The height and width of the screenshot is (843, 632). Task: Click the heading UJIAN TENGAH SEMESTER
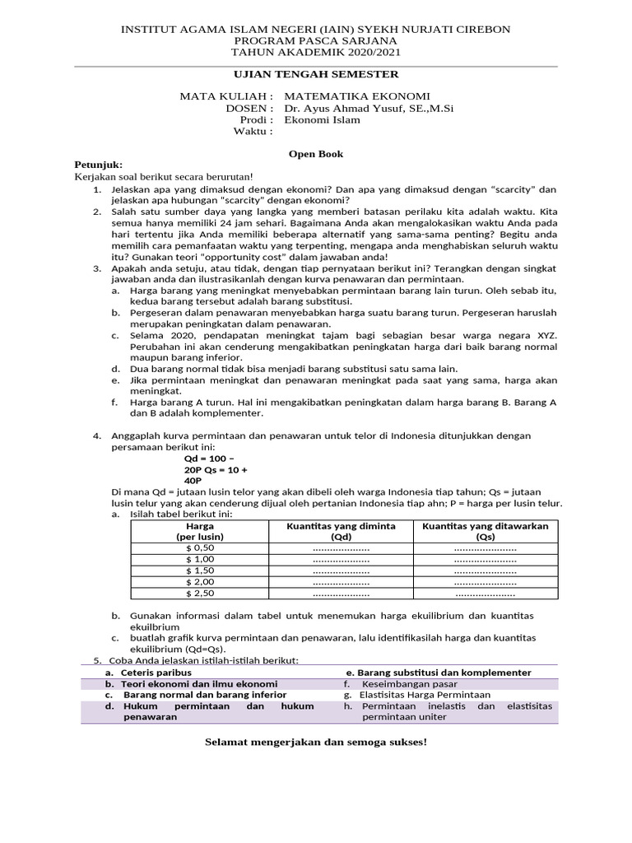point(316,75)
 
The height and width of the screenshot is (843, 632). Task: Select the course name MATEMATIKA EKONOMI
point(356,96)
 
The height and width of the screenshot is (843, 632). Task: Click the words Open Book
point(315,154)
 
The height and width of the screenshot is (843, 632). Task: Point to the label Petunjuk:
point(98,165)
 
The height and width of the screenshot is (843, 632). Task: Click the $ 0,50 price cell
point(200,547)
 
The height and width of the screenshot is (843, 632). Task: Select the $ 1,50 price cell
point(200,571)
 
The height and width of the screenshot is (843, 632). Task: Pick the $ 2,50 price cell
point(200,593)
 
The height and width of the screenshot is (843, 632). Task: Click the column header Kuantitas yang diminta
point(341,526)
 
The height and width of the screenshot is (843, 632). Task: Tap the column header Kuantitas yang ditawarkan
point(485,526)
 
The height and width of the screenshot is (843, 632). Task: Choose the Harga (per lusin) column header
point(200,531)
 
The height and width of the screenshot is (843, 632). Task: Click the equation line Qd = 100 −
point(209,459)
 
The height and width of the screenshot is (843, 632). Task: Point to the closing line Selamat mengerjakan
point(316,743)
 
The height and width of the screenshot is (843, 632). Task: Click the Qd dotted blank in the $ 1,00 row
point(341,559)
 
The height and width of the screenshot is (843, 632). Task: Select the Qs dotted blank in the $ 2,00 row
point(485,582)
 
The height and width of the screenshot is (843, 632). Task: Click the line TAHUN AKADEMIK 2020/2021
point(316,51)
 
